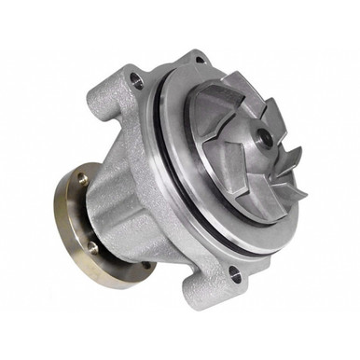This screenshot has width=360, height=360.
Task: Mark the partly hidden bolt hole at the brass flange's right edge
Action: (146, 267)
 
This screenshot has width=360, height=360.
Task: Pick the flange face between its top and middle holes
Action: (75, 210)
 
